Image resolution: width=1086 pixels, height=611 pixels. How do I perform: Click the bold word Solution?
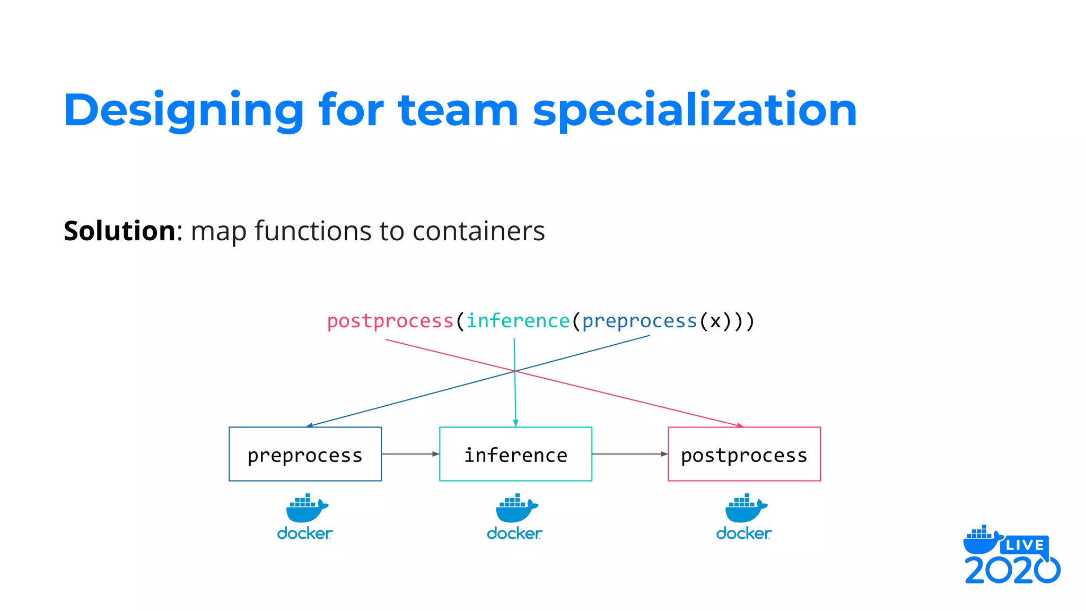tap(120, 231)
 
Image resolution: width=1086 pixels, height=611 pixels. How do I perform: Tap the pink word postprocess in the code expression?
tap(390, 321)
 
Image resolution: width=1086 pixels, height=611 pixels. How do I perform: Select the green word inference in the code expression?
tap(518, 321)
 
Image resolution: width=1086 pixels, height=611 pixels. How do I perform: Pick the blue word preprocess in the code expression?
tap(639, 321)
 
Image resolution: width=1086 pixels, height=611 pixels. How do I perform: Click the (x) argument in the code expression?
tap(716, 321)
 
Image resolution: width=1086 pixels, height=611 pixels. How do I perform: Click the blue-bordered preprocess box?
tap(305, 455)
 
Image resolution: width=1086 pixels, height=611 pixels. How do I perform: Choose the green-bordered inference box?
tap(515, 455)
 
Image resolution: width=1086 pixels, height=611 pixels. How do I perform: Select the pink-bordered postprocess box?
tap(744, 455)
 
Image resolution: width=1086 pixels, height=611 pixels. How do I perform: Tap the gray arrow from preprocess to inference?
tap(410, 454)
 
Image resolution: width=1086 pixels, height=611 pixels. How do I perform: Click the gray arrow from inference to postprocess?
tap(629, 454)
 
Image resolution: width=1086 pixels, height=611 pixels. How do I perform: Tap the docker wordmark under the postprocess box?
tap(743, 533)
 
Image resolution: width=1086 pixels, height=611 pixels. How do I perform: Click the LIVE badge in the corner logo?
tap(1024, 545)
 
